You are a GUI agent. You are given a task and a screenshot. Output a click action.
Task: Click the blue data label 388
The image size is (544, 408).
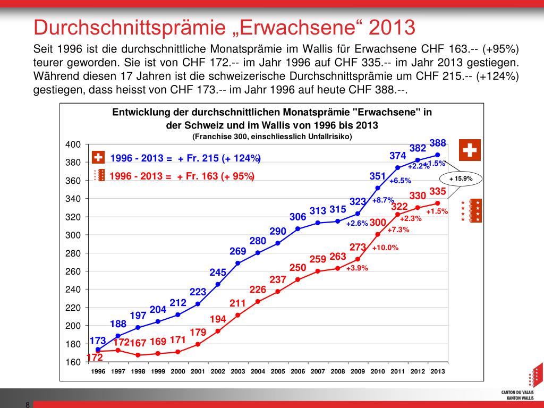(438, 143)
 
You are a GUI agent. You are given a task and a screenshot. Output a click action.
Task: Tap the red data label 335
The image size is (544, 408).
(438, 191)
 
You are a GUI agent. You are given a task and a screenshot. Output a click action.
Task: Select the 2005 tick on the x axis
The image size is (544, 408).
(278, 371)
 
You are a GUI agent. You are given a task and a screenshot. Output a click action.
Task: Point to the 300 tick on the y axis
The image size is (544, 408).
(73, 235)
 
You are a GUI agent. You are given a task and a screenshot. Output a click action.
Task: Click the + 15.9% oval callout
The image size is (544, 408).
(461, 178)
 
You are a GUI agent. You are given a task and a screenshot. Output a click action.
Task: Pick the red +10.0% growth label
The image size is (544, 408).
(385, 248)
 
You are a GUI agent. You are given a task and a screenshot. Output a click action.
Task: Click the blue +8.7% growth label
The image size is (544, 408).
(383, 200)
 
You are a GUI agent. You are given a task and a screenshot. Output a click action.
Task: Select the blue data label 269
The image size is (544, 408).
(237, 251)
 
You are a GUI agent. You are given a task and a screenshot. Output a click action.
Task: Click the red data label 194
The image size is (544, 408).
(218, 319)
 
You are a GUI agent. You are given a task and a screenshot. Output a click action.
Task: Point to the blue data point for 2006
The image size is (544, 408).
(297, 228)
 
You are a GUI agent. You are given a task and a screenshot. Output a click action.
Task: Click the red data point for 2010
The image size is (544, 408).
(378, 234)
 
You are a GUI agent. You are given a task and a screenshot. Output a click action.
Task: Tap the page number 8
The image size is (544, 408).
(27, 405)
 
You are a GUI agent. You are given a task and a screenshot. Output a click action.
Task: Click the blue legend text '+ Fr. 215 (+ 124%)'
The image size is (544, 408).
(219, 158)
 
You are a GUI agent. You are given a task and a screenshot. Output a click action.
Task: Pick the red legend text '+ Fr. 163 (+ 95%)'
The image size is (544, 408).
(216, 176)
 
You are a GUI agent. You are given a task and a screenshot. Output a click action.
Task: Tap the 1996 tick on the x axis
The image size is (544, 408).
(98, 371)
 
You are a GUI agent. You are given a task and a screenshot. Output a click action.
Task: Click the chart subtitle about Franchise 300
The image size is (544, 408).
(272, 136)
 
